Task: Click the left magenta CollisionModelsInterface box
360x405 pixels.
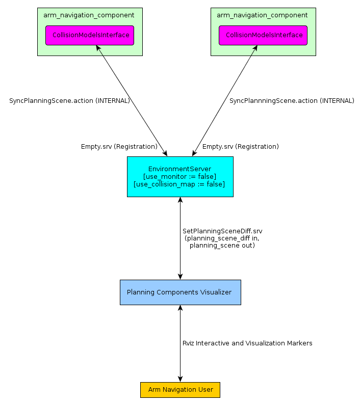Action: click(x=90, y=35)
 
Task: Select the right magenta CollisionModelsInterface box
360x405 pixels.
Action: click(x=263, y=35)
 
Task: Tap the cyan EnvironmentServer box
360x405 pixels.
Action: click(x=181, y=177)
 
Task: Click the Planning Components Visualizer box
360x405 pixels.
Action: click(x=181, y=292)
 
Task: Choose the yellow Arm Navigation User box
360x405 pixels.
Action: click(x=181, y=390)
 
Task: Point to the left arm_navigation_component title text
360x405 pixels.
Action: click(x=89, y=15)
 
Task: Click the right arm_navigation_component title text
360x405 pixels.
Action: click(x=262, y=15)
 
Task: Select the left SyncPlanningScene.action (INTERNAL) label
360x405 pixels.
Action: click(x=69, y=101)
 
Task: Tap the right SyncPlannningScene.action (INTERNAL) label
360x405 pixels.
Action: click(x=292, y=101)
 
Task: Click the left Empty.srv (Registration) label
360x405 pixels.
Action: click(x=119, y=147)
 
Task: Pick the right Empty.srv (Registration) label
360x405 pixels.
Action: click(x=241, y=147)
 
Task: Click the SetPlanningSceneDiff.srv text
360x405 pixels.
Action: click(x=222, y=231)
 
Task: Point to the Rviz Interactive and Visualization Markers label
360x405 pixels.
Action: click(x=247, y=343)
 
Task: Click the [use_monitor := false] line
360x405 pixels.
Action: click(x=179, y=177)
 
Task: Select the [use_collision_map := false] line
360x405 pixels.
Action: click(x=179, y=184)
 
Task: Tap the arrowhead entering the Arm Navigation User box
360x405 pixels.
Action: click(x=181, y=379)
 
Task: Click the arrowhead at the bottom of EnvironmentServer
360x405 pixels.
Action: click(x=181, y=200)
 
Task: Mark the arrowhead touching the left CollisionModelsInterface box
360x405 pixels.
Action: click(x=98, y=48)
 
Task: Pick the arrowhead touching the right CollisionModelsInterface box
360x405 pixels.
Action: click(x=255, y=48)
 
